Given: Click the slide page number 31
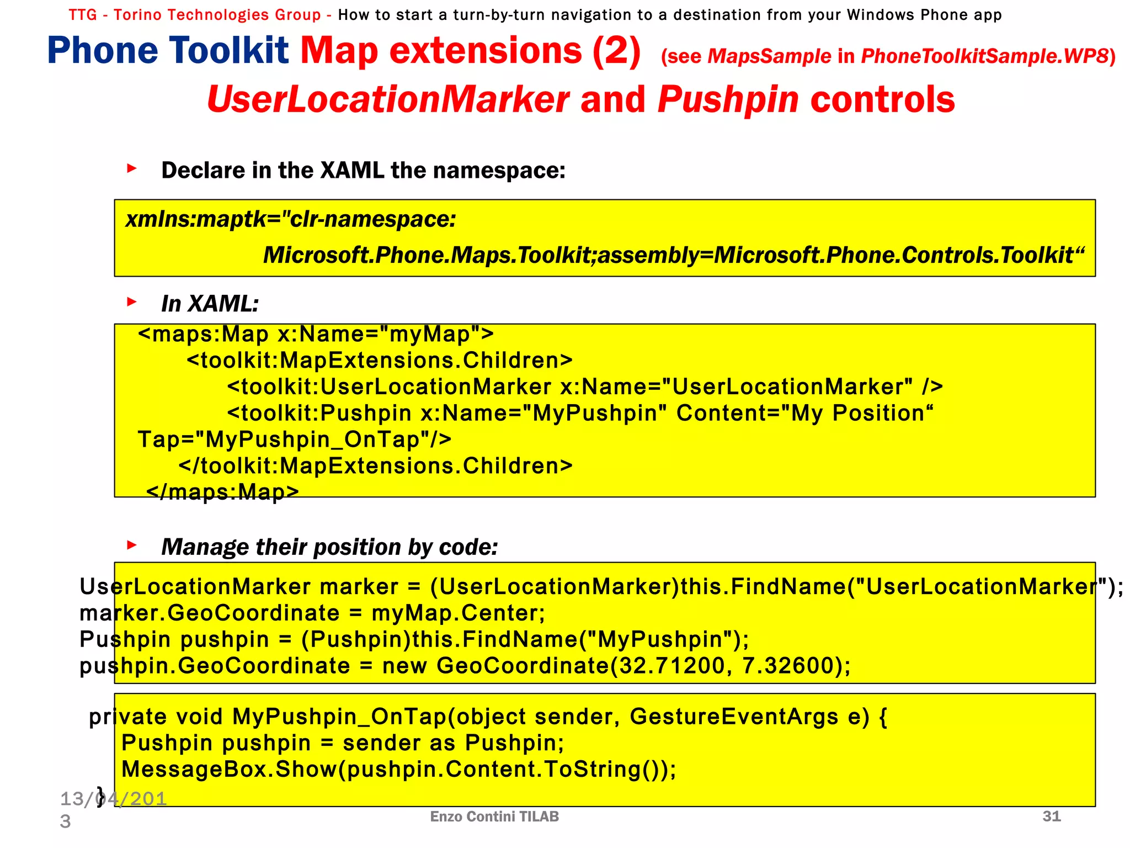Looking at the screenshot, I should tap(1052, 816).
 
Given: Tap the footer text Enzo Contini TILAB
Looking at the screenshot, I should tap(494, 817).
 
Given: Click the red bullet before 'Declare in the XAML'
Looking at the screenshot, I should tap(131, 168).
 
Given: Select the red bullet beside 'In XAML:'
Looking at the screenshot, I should tap(131, 301).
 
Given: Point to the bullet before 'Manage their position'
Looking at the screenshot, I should tap(131, 545).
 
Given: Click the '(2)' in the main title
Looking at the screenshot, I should tap(616, 51).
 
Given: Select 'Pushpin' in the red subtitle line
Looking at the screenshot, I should tap(728, 100).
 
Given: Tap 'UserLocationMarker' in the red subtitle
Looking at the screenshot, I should tap(388, 100).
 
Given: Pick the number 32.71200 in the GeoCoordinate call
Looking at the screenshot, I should tap(671, 666).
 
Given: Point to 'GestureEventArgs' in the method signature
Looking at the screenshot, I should tap(734, 717).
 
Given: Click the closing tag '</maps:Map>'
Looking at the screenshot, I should tap(222, 491).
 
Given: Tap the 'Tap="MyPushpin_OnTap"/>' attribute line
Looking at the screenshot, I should tap(295, 439).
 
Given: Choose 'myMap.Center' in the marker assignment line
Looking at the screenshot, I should tap(457, 613).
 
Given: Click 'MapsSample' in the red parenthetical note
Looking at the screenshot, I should tap(769, 56).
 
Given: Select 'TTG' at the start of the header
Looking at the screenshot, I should tap(83, 15).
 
